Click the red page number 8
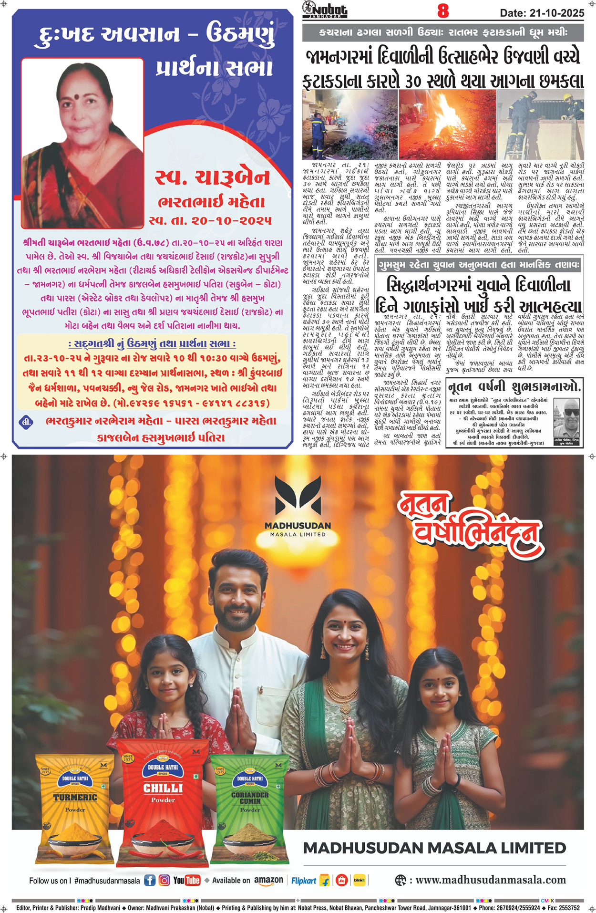tap(443, 10)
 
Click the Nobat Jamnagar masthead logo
tap(325, 9)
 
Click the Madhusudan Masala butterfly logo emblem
tap(298, 497)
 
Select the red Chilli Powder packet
tap(163, 801)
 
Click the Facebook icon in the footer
tap(150, 880)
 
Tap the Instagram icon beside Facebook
tap(164, 880)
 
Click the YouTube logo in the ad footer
tap(186, 880)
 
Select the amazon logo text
tap(268, 880)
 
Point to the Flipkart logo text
tap(304, 881)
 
